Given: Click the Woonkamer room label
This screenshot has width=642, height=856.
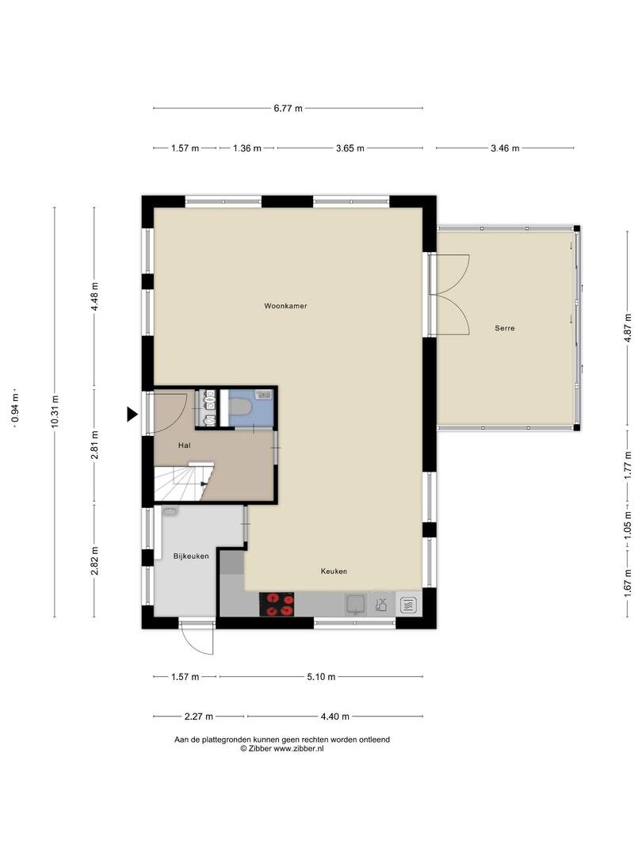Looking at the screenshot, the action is point(285,306).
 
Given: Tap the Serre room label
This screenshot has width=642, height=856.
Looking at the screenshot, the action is point(504,328).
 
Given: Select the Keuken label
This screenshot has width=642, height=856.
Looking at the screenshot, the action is point(334,571).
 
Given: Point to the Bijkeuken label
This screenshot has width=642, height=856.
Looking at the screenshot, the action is point(191,556).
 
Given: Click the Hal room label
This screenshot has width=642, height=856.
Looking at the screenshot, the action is point(185,445).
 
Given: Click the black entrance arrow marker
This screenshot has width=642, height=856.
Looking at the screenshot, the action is point(132,415).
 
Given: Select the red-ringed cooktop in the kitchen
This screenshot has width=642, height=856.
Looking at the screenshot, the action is point(277,604).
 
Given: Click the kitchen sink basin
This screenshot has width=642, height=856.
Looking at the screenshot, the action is point(357,604).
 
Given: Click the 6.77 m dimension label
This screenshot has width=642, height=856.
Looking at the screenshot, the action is point(288,108).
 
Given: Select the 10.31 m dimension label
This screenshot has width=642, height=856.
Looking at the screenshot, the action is point(54,412).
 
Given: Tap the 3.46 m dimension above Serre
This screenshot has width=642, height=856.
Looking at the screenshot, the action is point(505,147).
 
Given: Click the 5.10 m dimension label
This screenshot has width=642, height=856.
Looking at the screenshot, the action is point(321,676).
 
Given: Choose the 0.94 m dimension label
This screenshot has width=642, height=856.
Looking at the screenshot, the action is point(15,408).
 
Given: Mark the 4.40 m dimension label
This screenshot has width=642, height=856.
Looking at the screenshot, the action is point(334,716).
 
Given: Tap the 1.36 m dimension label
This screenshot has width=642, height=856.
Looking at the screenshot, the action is point(246,147).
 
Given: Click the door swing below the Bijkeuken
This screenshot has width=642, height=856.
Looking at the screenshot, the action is point(197,636).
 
